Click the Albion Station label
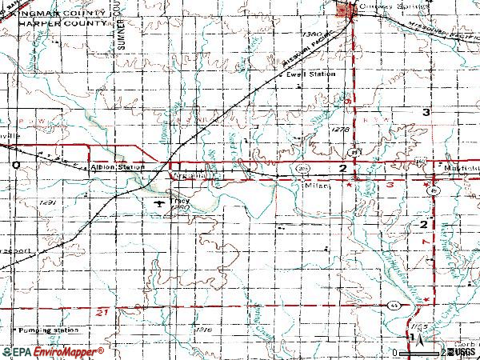click(119, 167)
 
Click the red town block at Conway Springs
click(346, 10)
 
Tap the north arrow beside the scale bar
click(412, 338)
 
